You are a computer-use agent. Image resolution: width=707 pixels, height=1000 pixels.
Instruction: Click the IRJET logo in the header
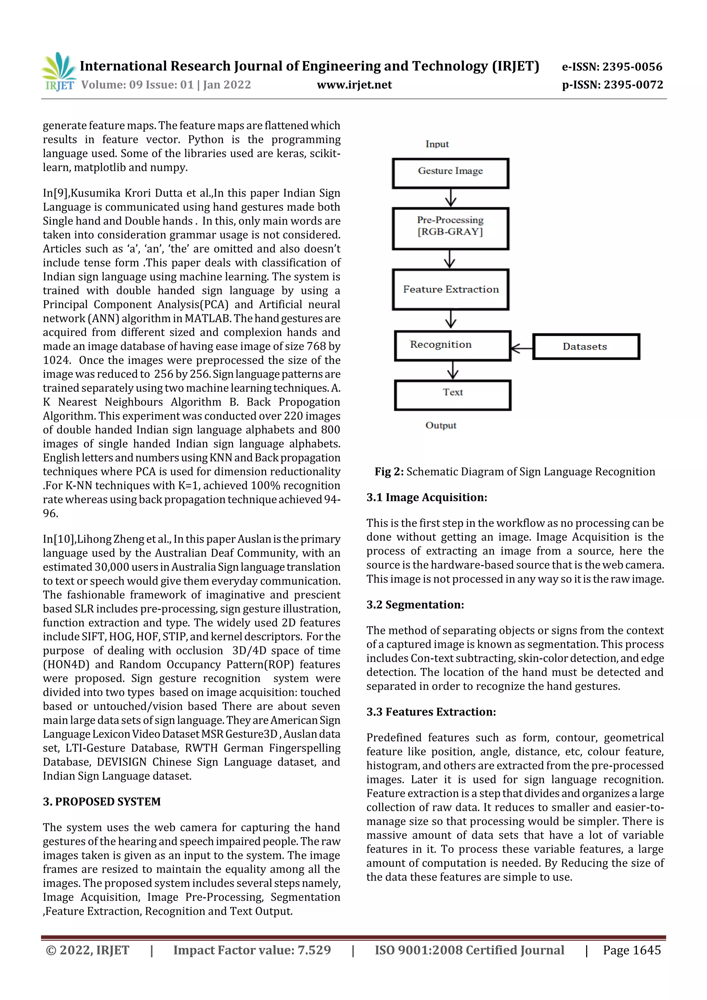point(58,71)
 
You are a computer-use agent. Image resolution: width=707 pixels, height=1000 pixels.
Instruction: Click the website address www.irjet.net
point(354,85)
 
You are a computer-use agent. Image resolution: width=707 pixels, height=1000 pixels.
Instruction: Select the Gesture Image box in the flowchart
point(451,173)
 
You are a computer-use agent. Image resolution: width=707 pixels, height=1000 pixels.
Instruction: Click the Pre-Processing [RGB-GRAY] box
point(451,228)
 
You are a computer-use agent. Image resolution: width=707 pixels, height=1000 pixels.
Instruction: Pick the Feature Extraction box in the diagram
point(451,289)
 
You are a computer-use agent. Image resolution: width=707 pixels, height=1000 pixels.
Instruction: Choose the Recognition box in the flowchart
point(452,346)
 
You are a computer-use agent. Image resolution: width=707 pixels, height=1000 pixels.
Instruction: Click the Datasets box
point(585,346)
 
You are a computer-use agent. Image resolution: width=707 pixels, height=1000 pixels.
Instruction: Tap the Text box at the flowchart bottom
point(452,395)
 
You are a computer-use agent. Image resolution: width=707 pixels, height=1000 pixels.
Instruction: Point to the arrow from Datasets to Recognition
point(521,348)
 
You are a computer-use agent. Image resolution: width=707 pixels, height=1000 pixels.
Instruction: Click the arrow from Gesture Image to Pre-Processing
point(451,198)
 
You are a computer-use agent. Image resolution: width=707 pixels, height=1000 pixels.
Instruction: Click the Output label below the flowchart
point(440,425)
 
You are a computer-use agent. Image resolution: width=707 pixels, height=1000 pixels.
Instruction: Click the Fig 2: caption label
point(389,472)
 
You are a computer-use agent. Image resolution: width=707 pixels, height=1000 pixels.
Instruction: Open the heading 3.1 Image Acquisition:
point(426,497)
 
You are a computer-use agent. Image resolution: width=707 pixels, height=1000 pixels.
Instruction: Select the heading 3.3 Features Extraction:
point(431,712)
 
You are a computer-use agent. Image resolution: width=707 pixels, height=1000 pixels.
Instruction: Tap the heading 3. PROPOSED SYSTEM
point(101,802)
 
